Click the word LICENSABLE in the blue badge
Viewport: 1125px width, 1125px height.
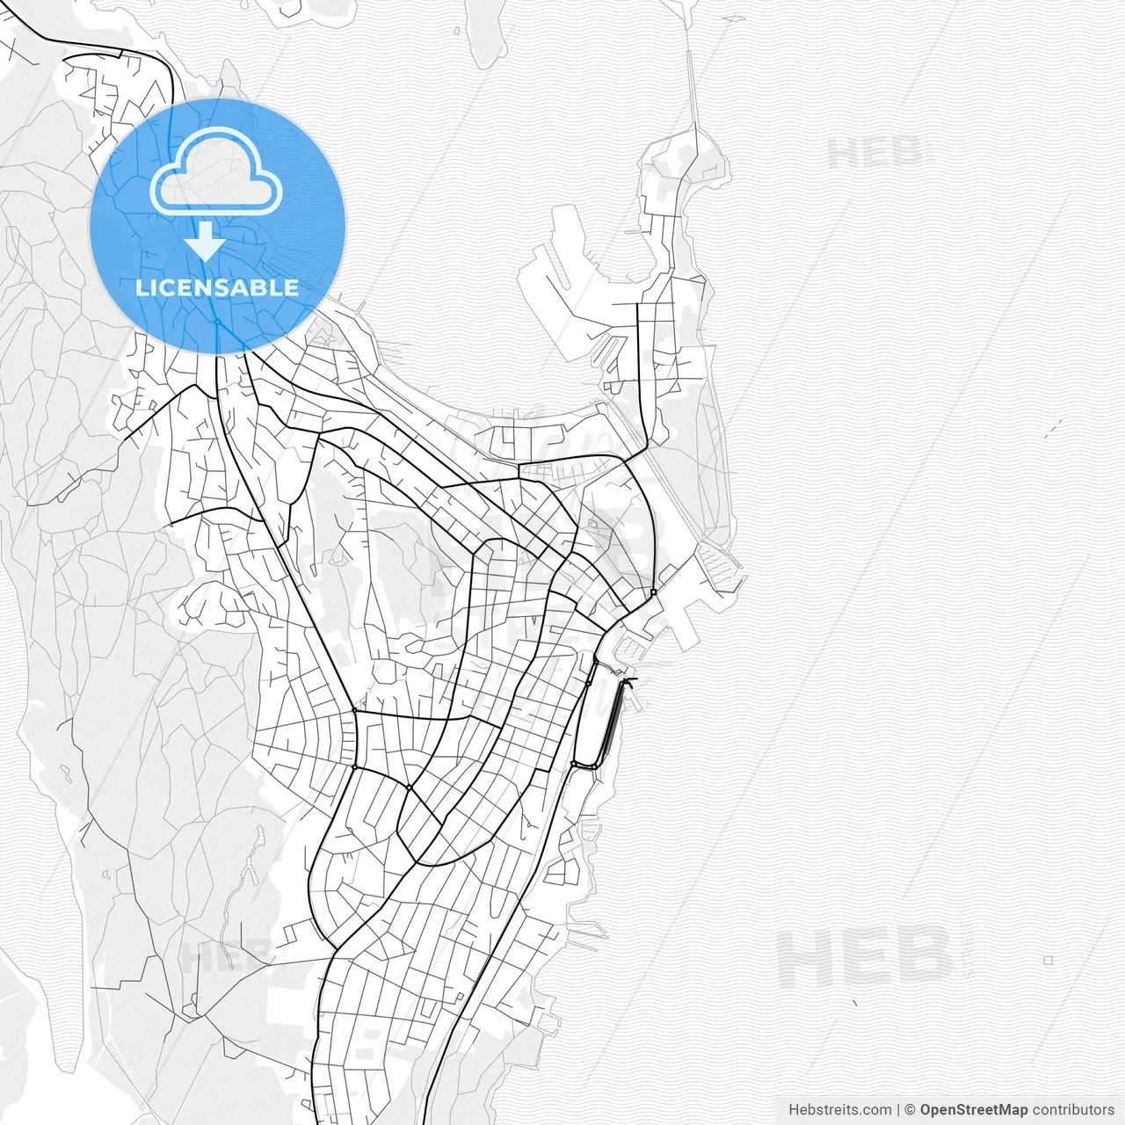coord(217,287)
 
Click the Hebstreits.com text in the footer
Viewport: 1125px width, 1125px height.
coord(839,1110)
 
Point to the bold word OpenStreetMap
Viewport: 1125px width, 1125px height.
coord(974,1110)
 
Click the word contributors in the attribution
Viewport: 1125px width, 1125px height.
coord(1073,1110)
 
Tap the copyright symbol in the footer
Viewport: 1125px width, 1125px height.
coord(910,1110)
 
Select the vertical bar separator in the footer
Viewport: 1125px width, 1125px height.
coord(898,1110)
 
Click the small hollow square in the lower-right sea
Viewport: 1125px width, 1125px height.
coord(1048,961)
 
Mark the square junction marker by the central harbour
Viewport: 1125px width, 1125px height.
coord(654,592)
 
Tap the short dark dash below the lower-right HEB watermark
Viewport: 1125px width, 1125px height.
coord(855,1002)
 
